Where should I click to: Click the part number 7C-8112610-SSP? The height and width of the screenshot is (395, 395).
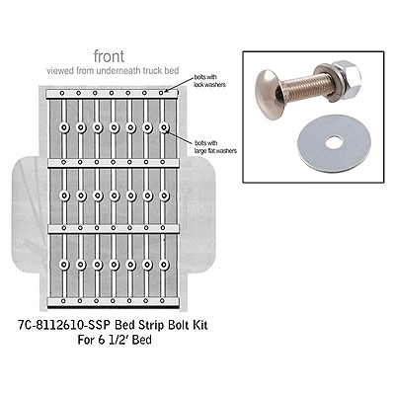91,323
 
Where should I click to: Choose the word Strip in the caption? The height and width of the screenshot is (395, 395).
185,323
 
